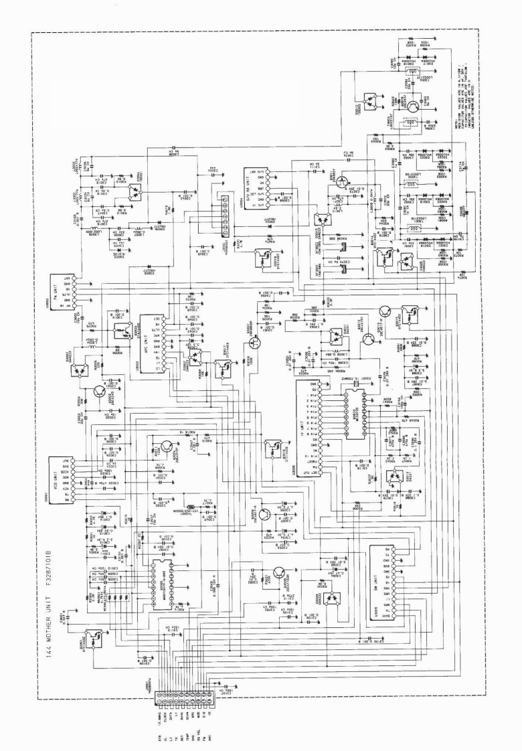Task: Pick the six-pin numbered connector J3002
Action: point(226,200)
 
